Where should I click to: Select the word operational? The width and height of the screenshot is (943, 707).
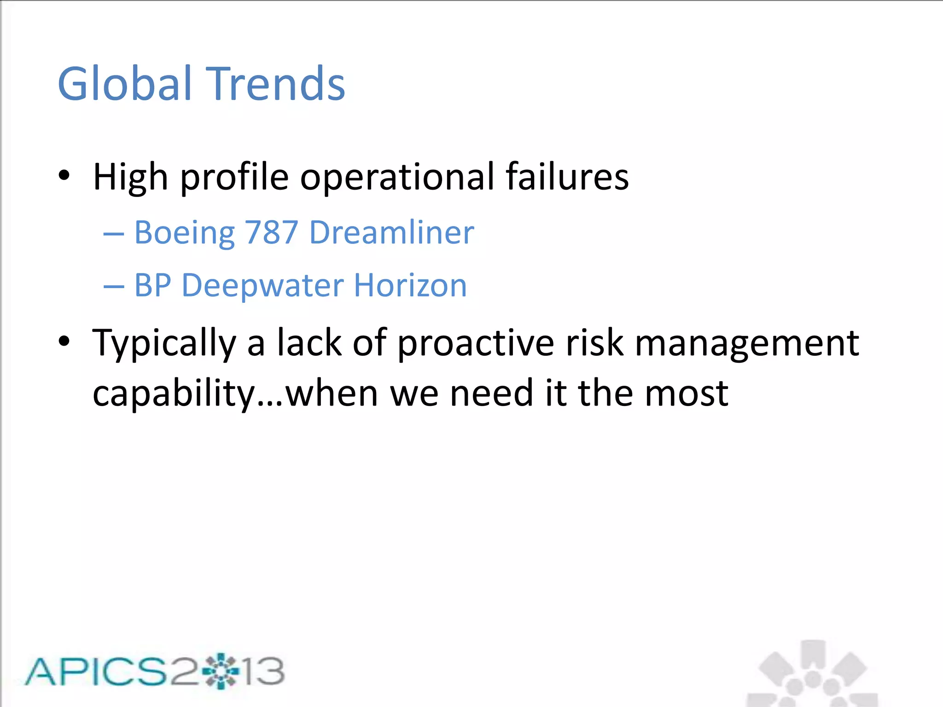397,177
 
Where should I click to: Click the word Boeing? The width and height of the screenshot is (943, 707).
184,233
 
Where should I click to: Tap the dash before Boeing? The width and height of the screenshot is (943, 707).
114,234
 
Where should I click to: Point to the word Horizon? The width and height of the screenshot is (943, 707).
410,285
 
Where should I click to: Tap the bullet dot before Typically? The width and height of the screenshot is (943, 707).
64,342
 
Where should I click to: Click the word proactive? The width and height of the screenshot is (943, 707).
476,343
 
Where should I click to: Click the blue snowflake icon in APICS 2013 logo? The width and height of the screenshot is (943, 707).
221,671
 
